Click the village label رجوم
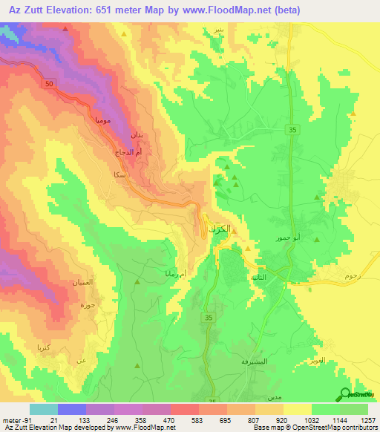353,276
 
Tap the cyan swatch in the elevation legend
44,409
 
